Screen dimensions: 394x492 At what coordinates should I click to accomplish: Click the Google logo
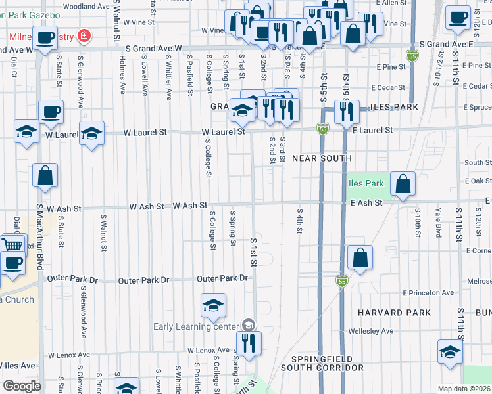(22, 386)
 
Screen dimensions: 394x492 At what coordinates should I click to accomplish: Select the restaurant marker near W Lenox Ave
(249, 345)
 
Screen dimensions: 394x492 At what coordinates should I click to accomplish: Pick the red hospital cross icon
(84, 35)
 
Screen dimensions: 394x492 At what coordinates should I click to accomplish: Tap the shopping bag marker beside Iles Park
(403, 185)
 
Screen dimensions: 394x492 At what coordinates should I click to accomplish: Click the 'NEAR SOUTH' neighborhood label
(322, 158)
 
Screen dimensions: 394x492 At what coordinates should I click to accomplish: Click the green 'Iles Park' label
(365, 183)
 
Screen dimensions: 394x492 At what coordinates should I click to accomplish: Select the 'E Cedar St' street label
(391, 87)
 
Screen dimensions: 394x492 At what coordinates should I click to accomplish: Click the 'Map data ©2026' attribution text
(464, 388)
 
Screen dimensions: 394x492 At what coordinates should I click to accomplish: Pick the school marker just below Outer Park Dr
(213, 306)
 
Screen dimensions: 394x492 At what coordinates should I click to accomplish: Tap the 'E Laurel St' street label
(372, 131)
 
